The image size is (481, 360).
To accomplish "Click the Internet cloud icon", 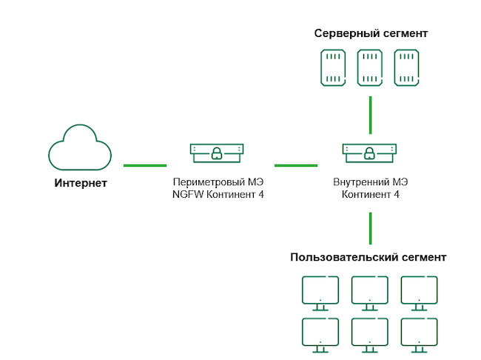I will coord(79,147).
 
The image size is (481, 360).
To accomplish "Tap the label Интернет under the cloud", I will coord(81,183).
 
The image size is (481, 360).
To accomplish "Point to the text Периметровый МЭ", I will coord(218,182).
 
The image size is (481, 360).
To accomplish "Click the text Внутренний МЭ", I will coord(371,182).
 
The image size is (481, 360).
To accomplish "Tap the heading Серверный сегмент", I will coord(371,34).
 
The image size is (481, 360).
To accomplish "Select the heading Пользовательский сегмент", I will coord(369,257).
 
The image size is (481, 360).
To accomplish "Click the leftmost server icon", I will coord(333,68).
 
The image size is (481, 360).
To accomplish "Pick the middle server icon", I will coord(370,68).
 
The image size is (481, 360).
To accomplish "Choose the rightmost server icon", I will coord(406,68).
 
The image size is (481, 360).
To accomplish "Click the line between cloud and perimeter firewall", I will coord(144,165).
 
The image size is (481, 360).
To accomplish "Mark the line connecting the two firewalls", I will coord(296,165).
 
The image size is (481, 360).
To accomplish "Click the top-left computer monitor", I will coord(320,290).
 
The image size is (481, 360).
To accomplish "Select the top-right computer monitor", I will coord(420,290).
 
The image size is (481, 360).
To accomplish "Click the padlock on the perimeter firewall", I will coord(216,153).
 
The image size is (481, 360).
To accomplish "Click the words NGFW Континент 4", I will coord(217,195).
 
